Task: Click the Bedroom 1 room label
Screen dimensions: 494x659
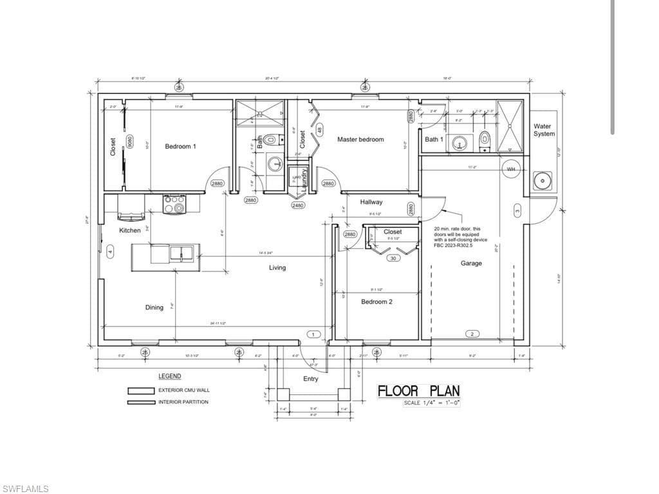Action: click(x=180, y=147)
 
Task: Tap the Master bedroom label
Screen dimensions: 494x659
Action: click(x=360, y=140)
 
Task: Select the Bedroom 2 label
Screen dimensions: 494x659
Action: click(x=376, y=302)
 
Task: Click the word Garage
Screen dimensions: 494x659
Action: click(x=471, y=263)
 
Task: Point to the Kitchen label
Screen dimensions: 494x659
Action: click(x=130, y=230)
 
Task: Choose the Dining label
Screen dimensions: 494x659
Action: click(x=154, y=307)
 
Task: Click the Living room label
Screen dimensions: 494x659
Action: click(x=277, y=268)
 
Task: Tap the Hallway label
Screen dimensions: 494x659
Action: click(x=371, y=201)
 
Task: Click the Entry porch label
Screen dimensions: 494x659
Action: click(x=311, y=379)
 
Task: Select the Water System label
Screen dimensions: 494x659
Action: click(x=544, y=130)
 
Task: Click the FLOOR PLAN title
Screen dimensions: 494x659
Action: click(x=418, y=391)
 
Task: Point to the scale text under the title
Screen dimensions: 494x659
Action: click(x=431, y=403)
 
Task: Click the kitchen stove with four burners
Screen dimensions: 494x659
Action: click(x=174, y=204)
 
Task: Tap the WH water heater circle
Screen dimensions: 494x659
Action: click(x=512, y=169)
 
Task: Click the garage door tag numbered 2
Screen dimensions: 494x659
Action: click(x=472, y=334)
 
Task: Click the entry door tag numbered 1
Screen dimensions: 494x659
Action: click(x=313, y=334)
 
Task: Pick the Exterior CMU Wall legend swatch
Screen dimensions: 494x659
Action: click(x=140, y=390)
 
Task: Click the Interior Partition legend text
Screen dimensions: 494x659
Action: click(x=183, y=402)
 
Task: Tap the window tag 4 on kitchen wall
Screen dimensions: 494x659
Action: click(x=109, y=251)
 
